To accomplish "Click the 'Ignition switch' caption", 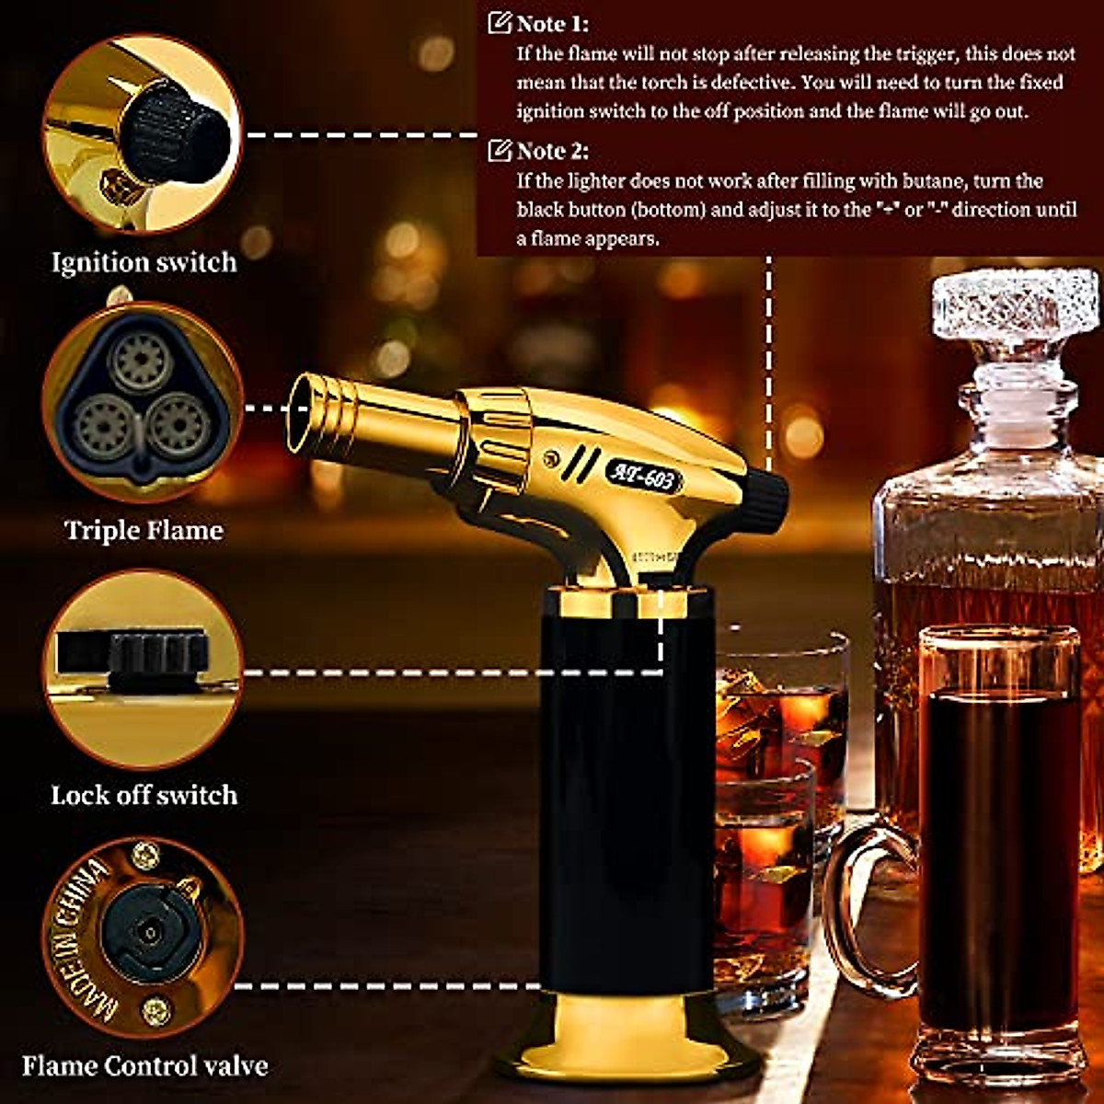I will pos(144,262).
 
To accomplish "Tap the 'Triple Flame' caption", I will pos(144,531).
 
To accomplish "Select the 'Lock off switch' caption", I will pos(144,795).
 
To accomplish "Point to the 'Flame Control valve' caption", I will pos(144,1066).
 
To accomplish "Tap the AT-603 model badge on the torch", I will pos(643,477).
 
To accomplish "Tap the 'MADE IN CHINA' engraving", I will pos(87,938).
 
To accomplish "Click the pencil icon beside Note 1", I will pos(500,24).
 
